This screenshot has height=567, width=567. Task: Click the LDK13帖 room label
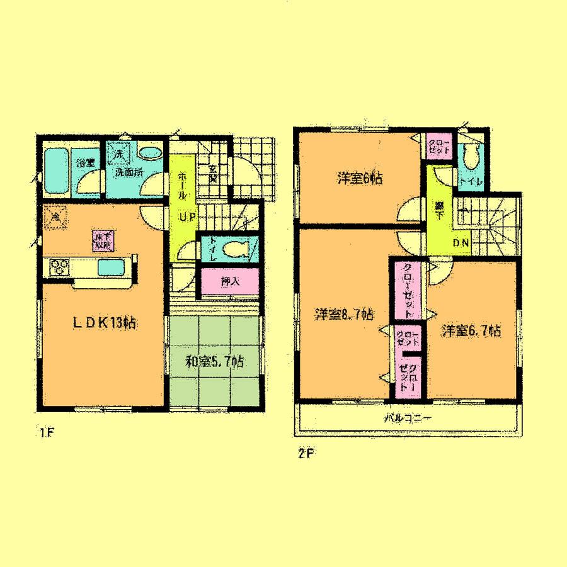tap(105, 323)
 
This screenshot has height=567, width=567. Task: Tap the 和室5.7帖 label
tap(214, 362)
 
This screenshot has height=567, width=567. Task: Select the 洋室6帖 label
tap(359, 178)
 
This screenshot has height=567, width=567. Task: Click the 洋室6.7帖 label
tap(471, 330)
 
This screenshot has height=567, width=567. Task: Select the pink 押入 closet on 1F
tap(230, 282)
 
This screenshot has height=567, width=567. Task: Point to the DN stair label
tap(460, 243)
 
